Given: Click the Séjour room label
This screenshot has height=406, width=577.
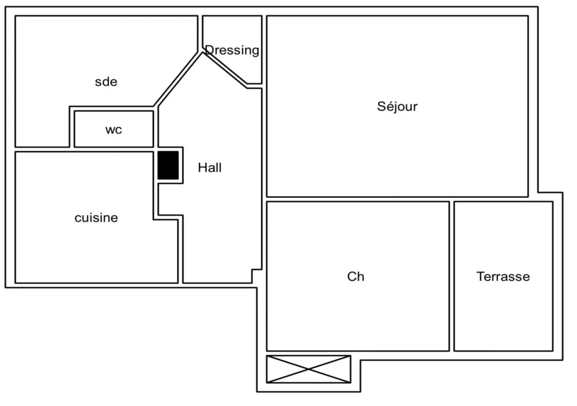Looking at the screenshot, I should point(397,106).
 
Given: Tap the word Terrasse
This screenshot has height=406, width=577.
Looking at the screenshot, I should point(503,277).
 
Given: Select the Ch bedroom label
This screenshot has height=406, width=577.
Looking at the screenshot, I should point(355,277).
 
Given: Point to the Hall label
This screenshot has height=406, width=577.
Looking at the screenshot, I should point(210,168).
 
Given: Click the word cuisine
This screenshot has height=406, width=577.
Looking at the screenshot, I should point(96,218).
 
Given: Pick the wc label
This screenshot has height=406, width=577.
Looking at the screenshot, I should point(114,130).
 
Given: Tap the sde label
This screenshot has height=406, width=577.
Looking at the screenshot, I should point(106,82).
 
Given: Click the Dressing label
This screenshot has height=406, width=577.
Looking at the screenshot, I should point(232,50).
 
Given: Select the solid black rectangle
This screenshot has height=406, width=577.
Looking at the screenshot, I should point(168,165).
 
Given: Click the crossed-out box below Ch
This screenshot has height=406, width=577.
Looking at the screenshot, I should point(308,369).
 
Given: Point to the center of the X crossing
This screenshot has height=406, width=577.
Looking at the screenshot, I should point(308,369).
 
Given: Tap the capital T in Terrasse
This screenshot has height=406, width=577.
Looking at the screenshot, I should point(480,276).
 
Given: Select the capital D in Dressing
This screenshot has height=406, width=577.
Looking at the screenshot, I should point(209,50).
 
